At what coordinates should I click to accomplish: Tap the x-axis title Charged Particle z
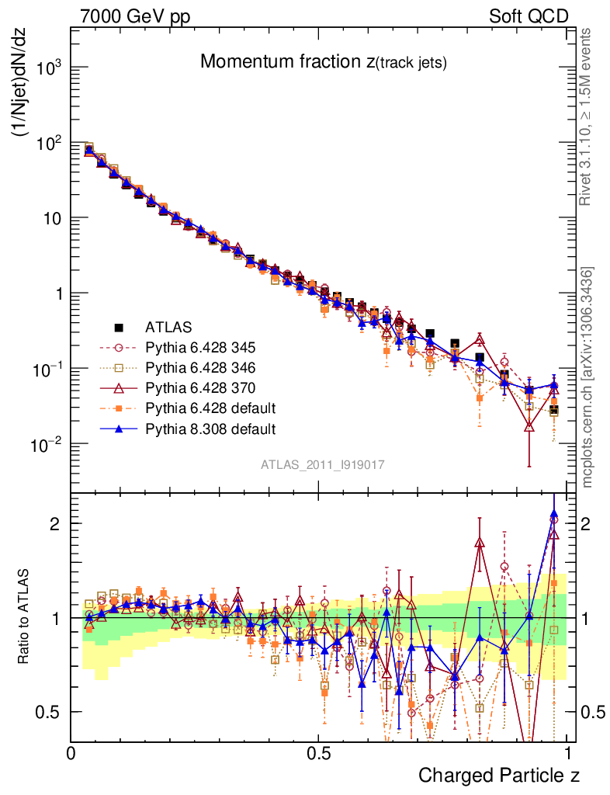pyautogui.click(x=499, y=775)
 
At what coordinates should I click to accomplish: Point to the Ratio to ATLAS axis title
pyautogui.click(x=26, y=617)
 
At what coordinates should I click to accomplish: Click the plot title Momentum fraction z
pyautogui.click(x=323, y=63)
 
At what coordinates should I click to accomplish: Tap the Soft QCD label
pyautogui.click(x=529, y=16)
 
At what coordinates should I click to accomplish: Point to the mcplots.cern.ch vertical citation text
pyautogui.click(x=588, y=377)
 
